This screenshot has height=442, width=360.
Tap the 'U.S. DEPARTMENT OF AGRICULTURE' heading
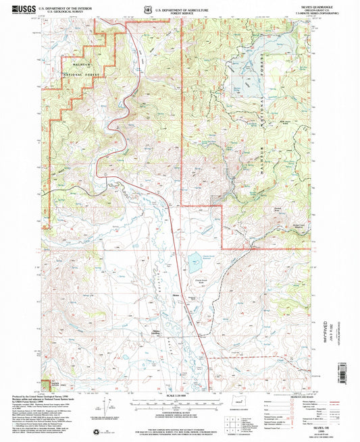point(182,9)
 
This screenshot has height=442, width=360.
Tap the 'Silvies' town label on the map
point(176,295)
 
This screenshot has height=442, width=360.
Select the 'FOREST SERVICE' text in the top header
point(182,13)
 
